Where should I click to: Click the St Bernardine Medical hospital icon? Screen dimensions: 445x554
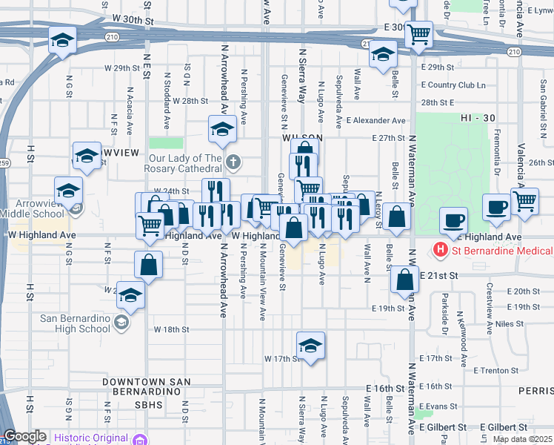point(440,251)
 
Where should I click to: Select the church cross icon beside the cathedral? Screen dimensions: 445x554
point(233,162)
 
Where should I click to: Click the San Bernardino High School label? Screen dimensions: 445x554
point(75,324)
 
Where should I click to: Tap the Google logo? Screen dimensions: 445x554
point(24,437)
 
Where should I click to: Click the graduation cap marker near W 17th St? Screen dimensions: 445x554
point(310,345)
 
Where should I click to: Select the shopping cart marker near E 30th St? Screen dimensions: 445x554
point(419,34)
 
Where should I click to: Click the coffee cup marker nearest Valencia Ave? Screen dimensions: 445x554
point(496,207)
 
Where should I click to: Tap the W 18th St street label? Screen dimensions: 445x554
point(172,329)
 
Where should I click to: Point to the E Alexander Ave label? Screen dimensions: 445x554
point(376,120)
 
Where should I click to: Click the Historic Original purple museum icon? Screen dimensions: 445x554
point(138,440)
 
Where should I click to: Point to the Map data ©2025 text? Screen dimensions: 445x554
point(521,439)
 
